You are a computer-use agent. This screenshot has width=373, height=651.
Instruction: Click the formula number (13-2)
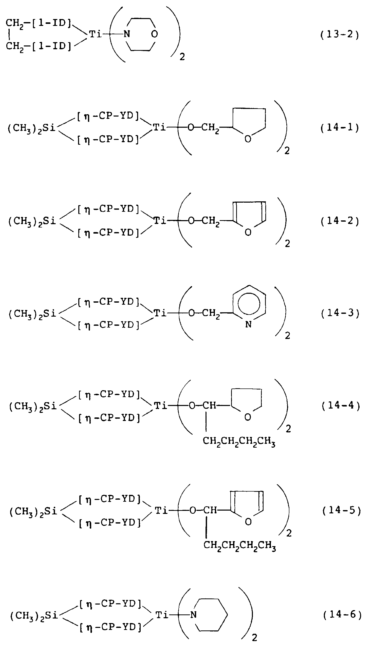(340, 34)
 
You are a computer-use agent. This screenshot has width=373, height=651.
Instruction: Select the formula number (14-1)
(340, 127)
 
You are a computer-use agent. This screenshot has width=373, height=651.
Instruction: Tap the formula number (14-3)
(341, 313)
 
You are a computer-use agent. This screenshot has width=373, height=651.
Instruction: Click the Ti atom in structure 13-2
(96, 34)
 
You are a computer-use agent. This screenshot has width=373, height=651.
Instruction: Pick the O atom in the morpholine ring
(154, 34)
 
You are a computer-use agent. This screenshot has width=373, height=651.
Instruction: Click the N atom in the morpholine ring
(127, 34)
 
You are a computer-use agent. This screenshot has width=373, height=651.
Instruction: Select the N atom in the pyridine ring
(248, 324)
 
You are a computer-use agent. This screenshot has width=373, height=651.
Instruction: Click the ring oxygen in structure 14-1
(248, 139)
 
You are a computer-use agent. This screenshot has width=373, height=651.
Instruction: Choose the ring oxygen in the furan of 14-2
(248, 232)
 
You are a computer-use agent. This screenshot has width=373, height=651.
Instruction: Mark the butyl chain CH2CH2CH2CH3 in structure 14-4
(239, 441)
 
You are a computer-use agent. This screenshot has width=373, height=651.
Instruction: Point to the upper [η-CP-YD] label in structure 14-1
(108, 116)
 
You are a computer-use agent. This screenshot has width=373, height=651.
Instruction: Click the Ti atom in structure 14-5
(161, 510)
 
